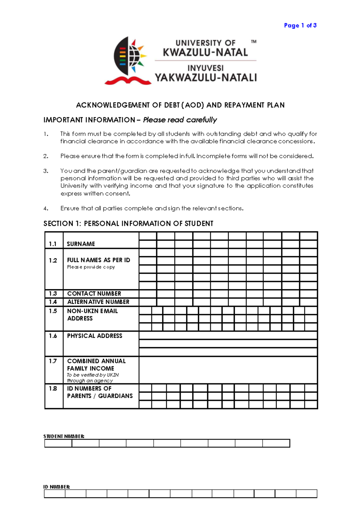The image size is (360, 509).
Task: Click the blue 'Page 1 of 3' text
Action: tap(300, 25)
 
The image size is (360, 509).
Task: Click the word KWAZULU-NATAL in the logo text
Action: tap(205, 52)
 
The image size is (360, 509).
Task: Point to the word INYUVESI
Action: tap(205, 68)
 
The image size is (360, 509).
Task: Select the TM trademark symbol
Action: tap(253, 42)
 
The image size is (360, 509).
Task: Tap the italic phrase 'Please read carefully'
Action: tap(180, 120)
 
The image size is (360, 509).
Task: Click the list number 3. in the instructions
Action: tap(46, 171)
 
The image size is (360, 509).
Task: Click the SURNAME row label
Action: tap(81, 244)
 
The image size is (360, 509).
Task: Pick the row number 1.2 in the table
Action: tap(53, 260)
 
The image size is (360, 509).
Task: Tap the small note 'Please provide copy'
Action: tap(91, 267)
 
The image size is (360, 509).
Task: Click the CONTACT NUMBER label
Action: tap(94, 293)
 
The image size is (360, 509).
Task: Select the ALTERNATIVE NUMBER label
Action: tap(98, 302)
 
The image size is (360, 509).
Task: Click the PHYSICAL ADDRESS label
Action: tap(94, 336)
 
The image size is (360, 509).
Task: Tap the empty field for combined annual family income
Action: tap(228, 370)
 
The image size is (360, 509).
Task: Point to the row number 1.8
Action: tap(53, 388)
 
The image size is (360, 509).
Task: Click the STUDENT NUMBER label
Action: tap(64, 436)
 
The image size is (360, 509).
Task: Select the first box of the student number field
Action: tap(58, 443)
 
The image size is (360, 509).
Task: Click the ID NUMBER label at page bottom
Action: tap(57, 487)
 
